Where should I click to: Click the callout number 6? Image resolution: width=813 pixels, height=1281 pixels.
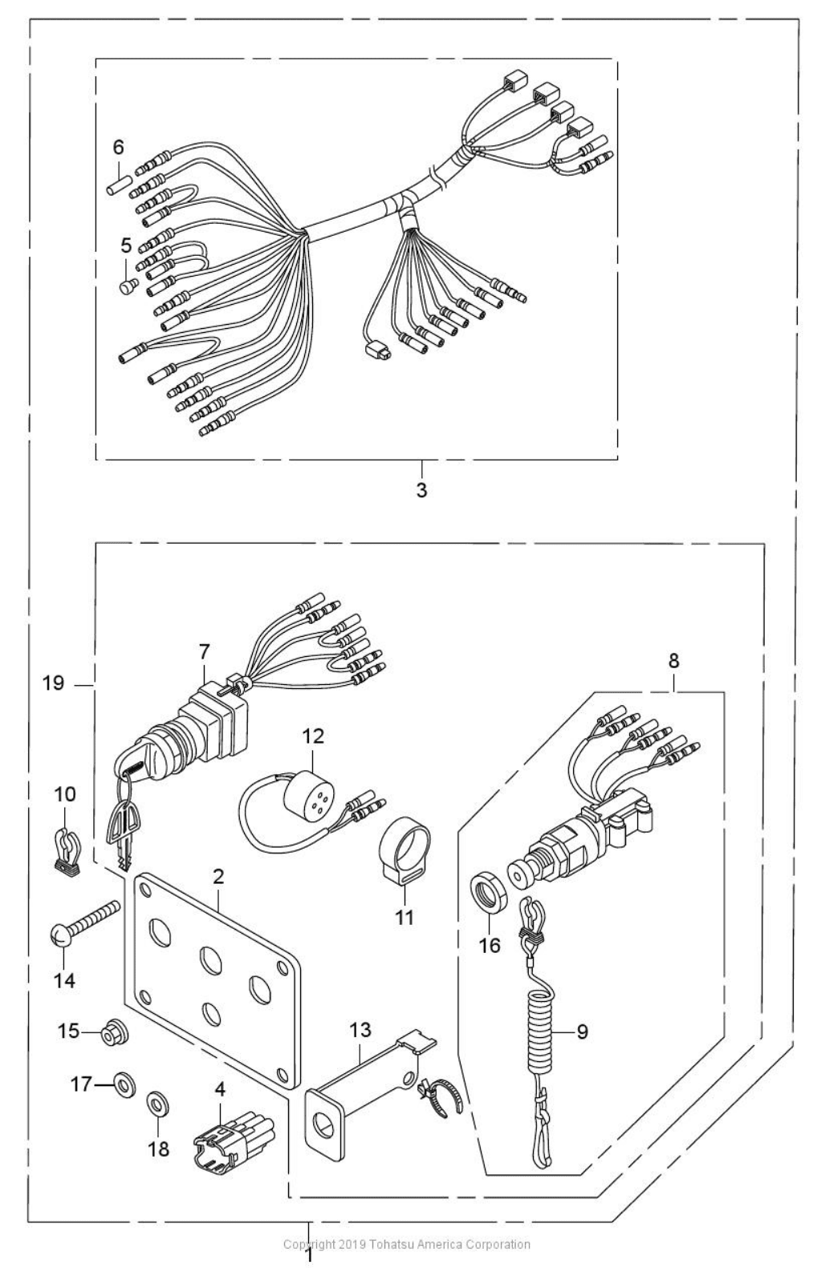pyautogui.click(x=119, y=147)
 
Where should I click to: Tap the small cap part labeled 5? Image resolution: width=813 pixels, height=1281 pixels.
pyautogui.click(x=125, y=286)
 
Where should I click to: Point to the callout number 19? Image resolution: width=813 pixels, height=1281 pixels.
pyautogui.click(x=54, y=683)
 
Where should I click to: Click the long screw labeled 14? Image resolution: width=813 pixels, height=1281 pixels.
pyautogui.click(x=84, y=922)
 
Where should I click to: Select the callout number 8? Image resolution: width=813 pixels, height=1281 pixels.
pyautogui.click(x=673, y=661)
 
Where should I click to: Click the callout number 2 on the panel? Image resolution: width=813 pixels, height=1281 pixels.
pyautogui.click(x=217, y=877)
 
